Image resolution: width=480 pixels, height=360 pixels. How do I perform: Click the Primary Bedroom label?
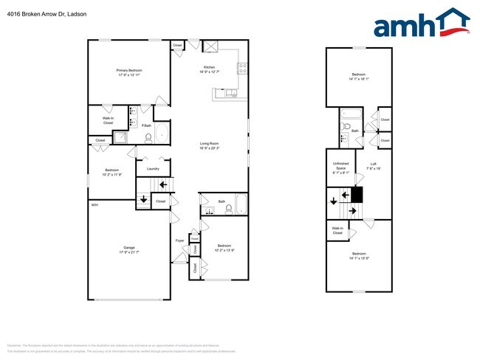pyautogui.click(x=129, y=70)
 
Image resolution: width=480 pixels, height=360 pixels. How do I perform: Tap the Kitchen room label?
pyautogui.click(x=209, y=67)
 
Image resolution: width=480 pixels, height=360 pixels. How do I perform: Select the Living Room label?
pyautogui.click(x=209, y=144)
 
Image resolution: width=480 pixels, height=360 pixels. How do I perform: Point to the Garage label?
pyautogui.click(x=129, y=247)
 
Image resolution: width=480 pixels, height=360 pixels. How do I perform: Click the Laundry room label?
pyautogui.click(x=153, y=169)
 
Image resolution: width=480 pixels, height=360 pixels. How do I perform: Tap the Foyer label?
pyautogui.click(x=179, y=240)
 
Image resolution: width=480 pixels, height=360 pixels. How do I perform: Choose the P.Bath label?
pyautogui.click(x=146, y=126)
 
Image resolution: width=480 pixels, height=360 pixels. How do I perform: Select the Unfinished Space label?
pyautogui.click(x=340, y=166)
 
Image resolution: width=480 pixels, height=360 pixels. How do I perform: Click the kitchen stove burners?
pyautogui.click(x=241, y=69)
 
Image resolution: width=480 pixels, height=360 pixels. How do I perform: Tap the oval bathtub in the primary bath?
pyautogui.click(x=162, y=134)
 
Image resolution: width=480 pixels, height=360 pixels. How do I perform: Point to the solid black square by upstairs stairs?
pyautogui.click(x=357, y=195)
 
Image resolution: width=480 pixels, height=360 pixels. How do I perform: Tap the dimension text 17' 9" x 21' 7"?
pyautogui.click(x=129, y=252)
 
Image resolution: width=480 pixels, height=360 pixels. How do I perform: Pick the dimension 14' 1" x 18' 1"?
pyautogui.click(x=359, y=79)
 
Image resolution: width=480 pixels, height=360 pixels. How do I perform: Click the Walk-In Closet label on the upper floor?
pyautogui.click(x=337, y=231)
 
